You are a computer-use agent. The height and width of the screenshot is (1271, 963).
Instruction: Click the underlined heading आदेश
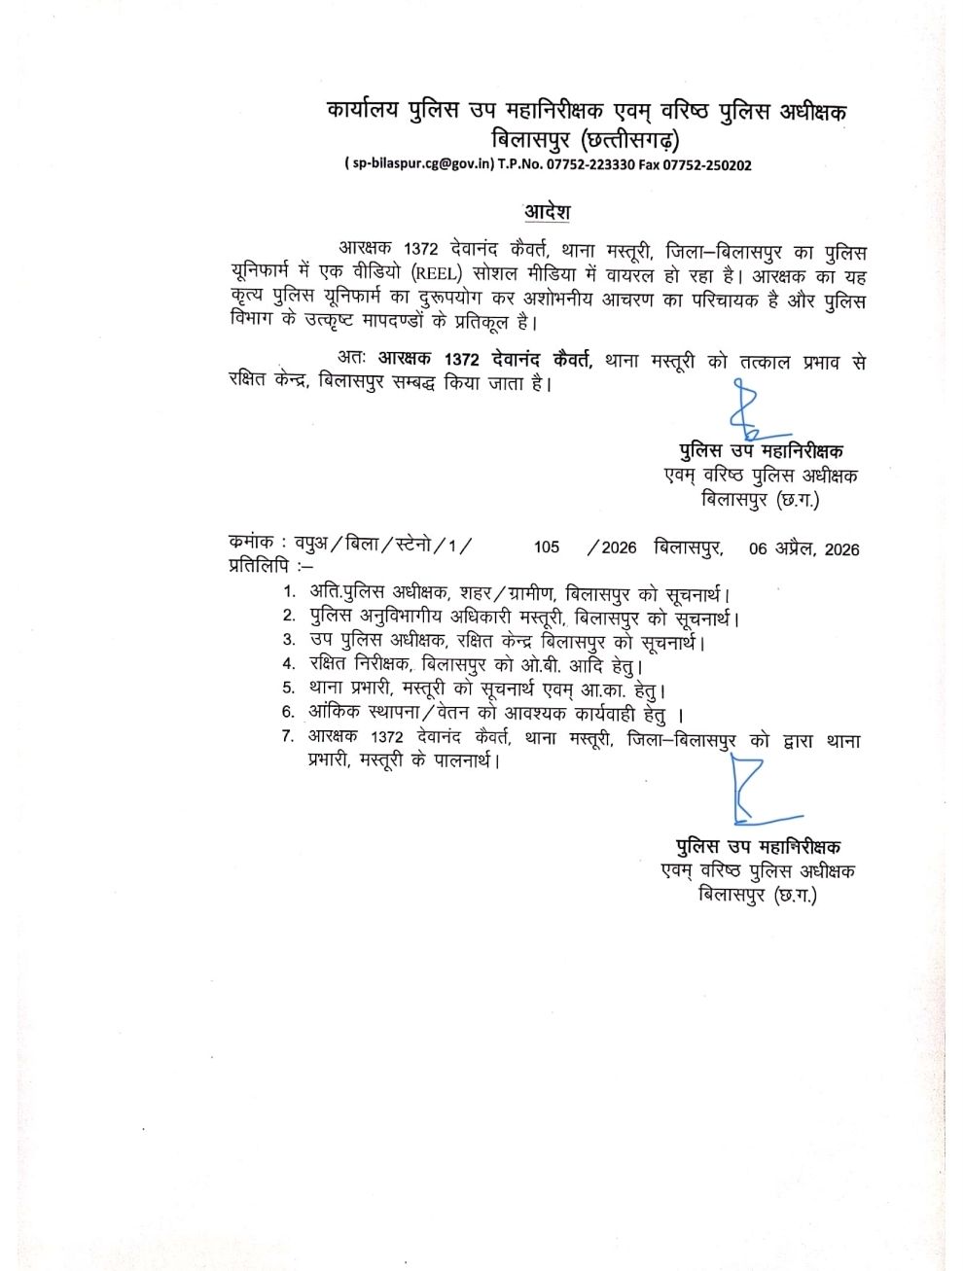(548, 211)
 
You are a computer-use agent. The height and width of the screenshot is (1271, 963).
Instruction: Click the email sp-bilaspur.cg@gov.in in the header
(419, 165)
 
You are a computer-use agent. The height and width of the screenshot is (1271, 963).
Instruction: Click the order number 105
(547, 547)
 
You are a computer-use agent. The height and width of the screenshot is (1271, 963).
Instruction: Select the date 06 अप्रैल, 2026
(803, 548)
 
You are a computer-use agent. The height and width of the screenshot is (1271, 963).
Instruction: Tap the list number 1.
(288, 592)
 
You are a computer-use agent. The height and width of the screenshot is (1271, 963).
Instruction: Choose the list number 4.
(288, 665)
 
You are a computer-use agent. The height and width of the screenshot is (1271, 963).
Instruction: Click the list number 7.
(288, 736)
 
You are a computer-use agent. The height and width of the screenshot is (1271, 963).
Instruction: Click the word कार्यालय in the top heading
(364, 111)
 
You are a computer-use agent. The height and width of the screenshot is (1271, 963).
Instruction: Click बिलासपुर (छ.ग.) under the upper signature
(760, 500)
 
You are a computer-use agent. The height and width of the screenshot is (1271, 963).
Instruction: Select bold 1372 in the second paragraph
(461, 360)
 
